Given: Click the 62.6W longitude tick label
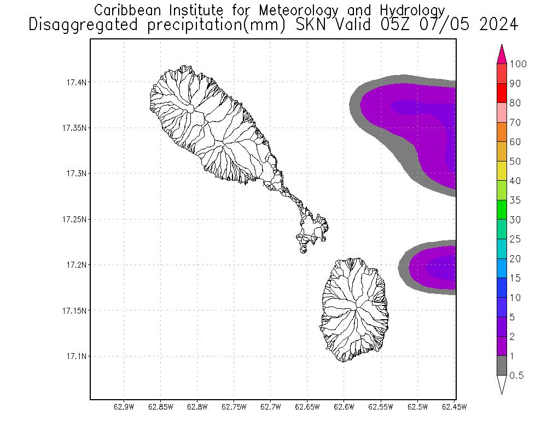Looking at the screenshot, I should [x=344, y=407].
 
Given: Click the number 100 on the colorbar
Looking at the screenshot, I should [x=517, y=64].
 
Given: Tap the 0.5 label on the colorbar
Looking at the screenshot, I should [x=516, y=376].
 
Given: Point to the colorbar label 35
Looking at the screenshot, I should [x=515, y=200].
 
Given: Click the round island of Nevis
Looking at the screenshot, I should [x=356, y=309].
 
